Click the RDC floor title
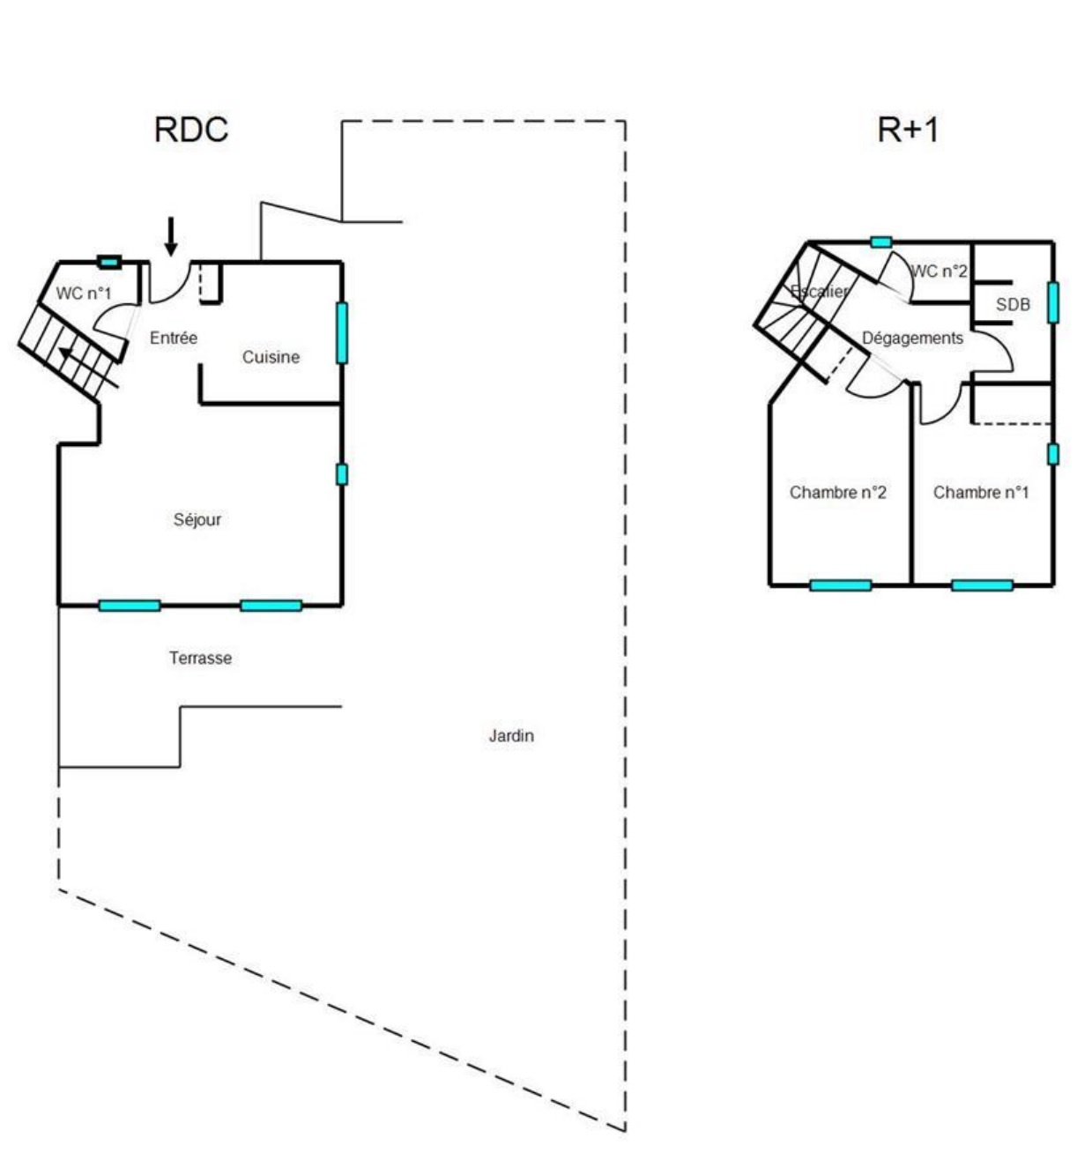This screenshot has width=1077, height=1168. (x=191, y=130)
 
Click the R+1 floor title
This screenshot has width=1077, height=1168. (x=908, y=130)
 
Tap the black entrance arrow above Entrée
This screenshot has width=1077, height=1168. (x=171, y=236)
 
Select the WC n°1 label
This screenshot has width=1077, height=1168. (x=84, y=293)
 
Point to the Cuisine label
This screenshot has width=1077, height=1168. (x=271, y=356)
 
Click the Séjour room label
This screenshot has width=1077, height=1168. (x=197, y=519)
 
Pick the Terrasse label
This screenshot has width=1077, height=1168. (x=200, y=658)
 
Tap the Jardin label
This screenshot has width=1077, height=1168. (x=511, y=735)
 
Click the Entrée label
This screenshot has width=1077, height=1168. (x=174, y=338)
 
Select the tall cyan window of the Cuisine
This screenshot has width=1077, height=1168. (x=342, y=333)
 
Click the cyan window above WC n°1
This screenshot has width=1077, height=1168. (x=108, y=262)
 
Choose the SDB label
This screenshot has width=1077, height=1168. (x=1013, y=304)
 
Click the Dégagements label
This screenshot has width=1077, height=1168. (x=912, y=338)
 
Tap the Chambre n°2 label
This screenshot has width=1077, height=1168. (x=837, y=492)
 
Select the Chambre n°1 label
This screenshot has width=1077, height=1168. (x=981, y=492)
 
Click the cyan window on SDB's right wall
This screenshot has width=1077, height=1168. (x=1053, y=302)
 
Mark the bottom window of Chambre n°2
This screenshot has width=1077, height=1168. (x=841, y=585)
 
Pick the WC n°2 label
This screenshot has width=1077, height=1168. (x=939, y=272)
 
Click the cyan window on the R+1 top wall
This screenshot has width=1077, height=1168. (x=880, y=242)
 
